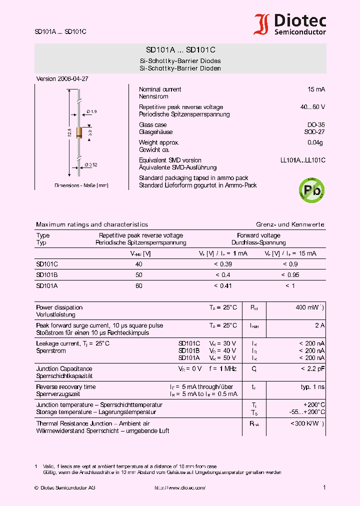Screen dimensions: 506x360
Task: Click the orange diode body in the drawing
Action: tap(79, 132)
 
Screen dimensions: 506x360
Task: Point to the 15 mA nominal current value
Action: tap(316, 89)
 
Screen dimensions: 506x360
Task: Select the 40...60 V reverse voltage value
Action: tap(312, 107)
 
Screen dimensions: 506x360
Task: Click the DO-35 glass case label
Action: tap(315, 125)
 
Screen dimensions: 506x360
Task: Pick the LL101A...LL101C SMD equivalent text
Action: tap(302, 160)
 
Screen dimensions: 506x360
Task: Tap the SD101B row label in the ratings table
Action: tap(44, 275)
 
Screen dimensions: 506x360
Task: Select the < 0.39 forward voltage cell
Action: tap(222, 264)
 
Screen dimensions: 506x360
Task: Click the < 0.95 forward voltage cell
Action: tap(290, 275)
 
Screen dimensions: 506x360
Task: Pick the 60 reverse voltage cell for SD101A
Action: tap(138, 286)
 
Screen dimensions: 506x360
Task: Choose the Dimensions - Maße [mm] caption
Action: tap(81, 185)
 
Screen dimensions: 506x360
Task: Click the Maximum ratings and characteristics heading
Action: tap(92, 224)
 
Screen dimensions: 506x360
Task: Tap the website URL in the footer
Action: tap(179, 487)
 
